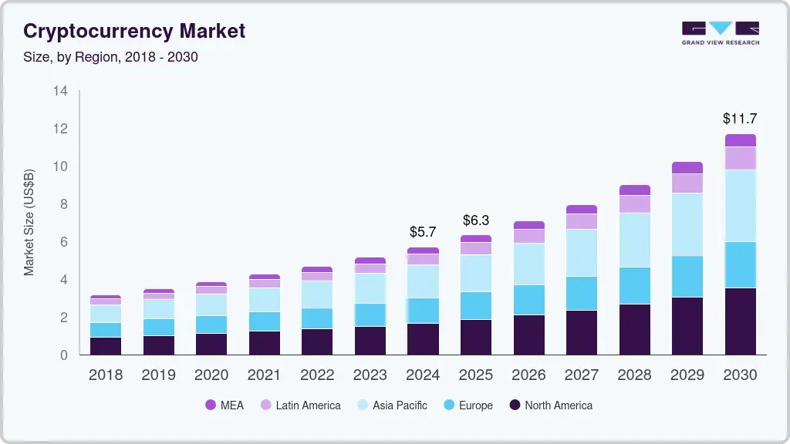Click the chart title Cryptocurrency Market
[134, 31]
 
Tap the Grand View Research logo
[720, 32]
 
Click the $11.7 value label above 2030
[740, 119]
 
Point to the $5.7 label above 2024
[423, 231]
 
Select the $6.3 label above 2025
[476, 220]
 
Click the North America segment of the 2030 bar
[740, 321]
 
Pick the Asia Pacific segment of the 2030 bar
[740, 206]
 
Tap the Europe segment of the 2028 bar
[634, 286]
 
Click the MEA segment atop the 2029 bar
[687, 167]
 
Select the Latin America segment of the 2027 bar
[581, 221]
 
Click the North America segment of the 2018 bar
[105, 345]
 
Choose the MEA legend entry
[224, 405]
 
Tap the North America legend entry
[550, 405]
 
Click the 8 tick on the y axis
[63, 204]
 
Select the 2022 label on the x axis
[317, 375]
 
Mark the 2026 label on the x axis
[528, 375]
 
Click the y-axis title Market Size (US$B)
[29, 222]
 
